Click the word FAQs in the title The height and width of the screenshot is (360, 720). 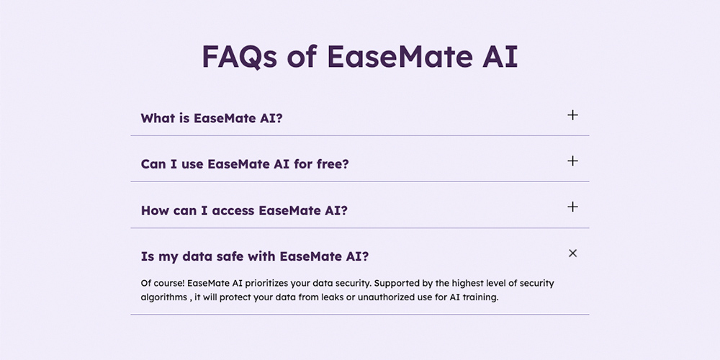[x=240, y=56]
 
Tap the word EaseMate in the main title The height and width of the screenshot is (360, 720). [x=400, y=56]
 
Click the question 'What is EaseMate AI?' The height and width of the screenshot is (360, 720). [x=212, y=118]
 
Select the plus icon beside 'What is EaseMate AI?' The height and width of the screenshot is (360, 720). [x=572, y=115]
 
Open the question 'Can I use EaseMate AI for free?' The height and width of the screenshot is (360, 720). [x=245, y=164]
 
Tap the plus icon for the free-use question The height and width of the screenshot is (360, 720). [x=572, y=161]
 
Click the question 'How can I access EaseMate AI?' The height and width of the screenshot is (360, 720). [x=244, y=210]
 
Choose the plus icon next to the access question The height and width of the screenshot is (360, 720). [x=572, y=207]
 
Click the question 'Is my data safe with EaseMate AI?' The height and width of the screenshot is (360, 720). [x=255, y=256]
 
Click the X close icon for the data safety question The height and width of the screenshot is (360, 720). [x=572, y=253]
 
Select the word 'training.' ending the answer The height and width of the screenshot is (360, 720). [x=482, y=297]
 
